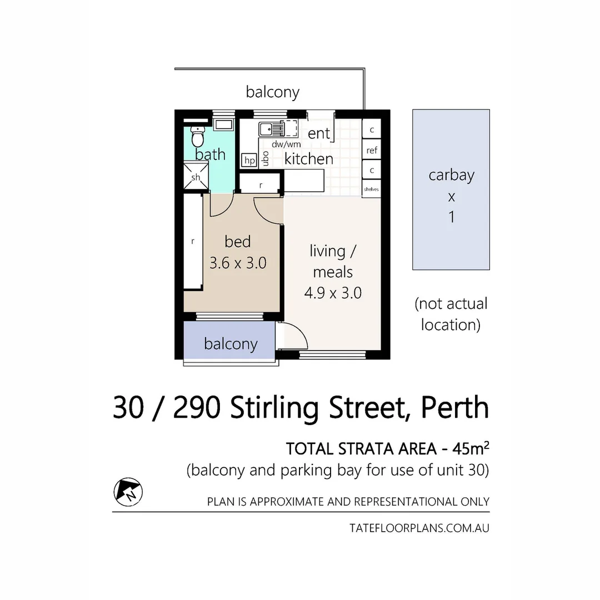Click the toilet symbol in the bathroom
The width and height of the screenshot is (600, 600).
pos(197,135)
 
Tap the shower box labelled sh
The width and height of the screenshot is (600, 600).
pos(196,176)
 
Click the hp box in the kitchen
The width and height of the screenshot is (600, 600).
pos(249,161)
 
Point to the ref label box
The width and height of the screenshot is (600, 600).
pos(372,150)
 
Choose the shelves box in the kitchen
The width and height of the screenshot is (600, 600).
pos(371,189)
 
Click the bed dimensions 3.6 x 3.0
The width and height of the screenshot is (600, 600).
pos(238,262)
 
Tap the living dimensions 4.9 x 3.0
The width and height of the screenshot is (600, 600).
pos(333,292)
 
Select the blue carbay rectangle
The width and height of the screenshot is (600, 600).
pos(451,189)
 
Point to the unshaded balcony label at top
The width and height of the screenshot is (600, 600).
pos(272,92)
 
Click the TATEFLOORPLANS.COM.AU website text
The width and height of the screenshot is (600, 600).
pos(419,528)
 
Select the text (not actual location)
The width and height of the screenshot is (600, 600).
pos(451,314)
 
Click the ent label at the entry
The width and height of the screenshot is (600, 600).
pos(319,133)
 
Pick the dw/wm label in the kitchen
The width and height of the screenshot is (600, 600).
pos(286,144)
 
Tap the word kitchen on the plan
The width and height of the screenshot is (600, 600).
pos(308,159)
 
